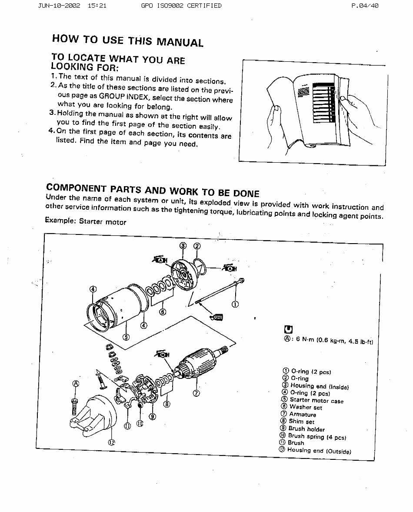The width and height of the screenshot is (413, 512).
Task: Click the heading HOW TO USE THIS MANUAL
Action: [x=127, y=40]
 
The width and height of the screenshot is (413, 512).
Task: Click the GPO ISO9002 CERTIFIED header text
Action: [x=181, y=6]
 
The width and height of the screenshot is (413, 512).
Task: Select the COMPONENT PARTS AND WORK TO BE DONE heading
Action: [x=152, y=191]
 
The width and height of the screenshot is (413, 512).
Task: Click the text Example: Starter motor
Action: [x=86, y=222]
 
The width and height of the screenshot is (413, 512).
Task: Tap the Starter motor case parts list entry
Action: [x=316, y=400]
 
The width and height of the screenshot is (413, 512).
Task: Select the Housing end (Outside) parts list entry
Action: [x=319, y=451]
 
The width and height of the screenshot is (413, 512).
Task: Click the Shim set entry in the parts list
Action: [x=301, y=422]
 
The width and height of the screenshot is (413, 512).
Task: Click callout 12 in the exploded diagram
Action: [x=111, y=442]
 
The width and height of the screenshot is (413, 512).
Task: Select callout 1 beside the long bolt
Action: [x=235, y=304]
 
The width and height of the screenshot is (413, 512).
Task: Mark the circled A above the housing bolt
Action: [x=76, y=384]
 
